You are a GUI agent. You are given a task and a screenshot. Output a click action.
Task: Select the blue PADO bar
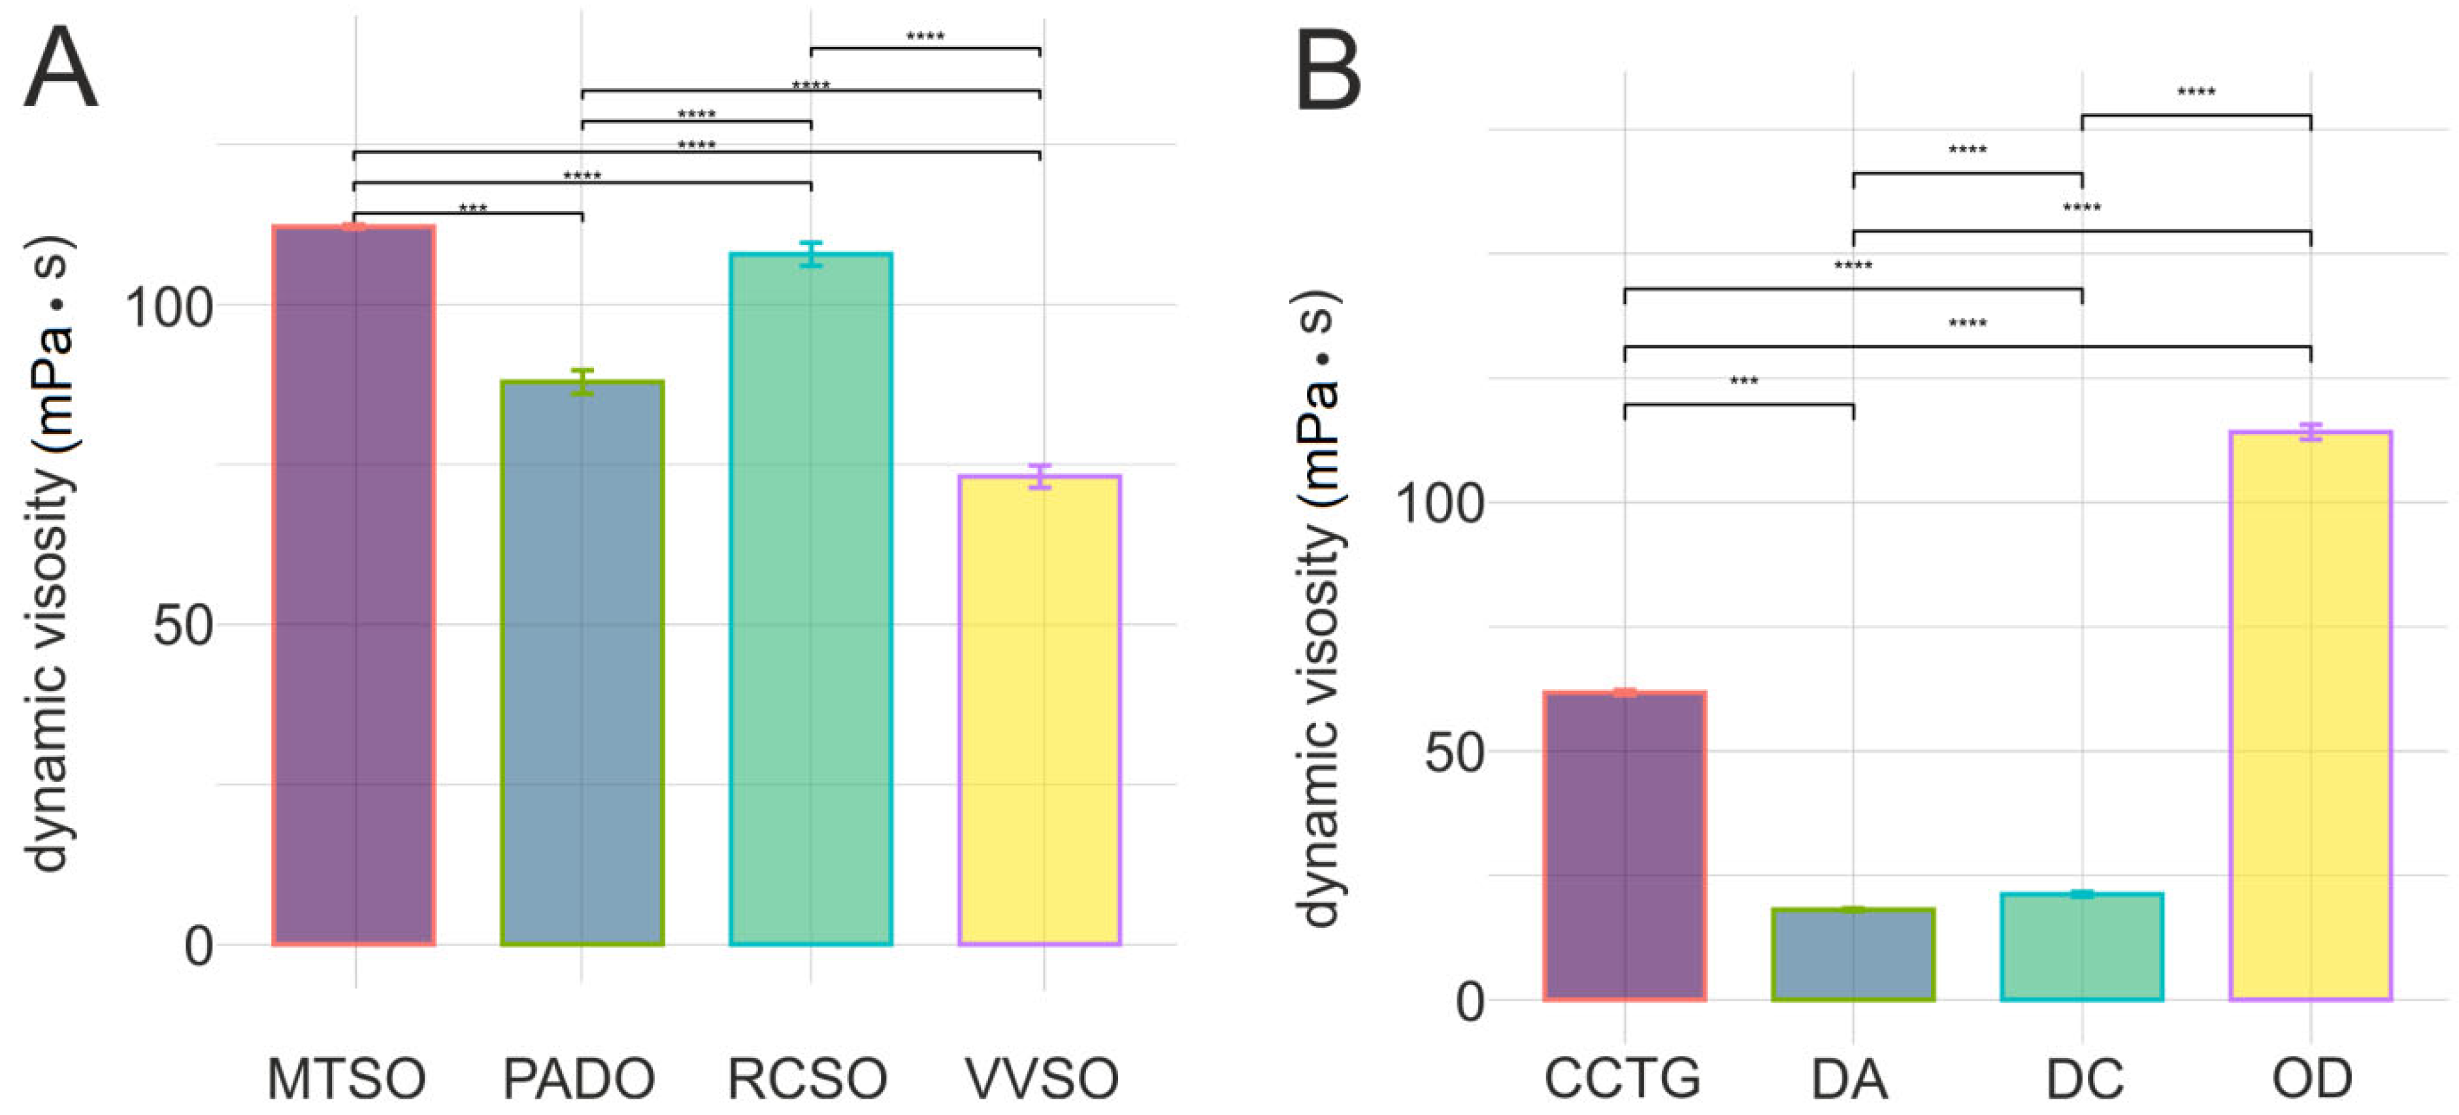(582, 663)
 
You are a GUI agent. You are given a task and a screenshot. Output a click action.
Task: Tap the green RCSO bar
(810, 599)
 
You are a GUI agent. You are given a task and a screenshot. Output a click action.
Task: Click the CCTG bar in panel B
(1625, 846)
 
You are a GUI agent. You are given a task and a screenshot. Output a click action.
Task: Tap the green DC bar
(2082, 947)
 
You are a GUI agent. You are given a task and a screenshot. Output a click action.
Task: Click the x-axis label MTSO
(346, 1078)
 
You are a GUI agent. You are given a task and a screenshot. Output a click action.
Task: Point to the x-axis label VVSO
(1042, 1078)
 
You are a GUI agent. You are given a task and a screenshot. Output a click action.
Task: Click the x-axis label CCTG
(1622, 1078)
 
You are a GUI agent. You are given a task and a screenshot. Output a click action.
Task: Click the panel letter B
(1328, 71)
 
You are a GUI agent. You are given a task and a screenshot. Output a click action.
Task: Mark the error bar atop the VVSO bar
(1040, 476)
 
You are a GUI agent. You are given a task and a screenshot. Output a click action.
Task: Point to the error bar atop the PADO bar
(582, 382)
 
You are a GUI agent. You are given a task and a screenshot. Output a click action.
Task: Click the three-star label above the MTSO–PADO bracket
(472, 208)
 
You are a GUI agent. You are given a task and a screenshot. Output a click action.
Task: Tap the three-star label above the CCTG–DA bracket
(1743, 381)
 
